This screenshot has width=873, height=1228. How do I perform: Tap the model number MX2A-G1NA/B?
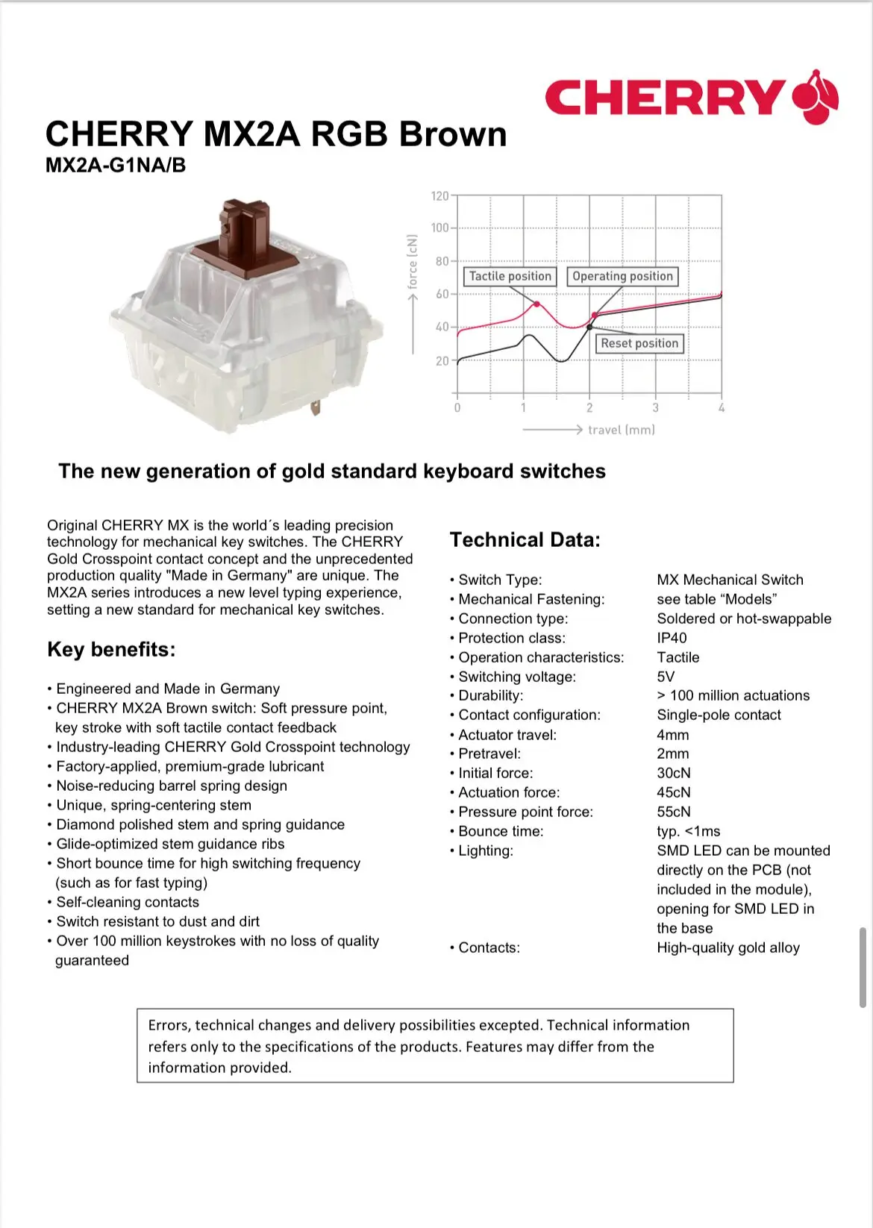coord(116,165)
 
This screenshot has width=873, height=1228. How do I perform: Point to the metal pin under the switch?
coord(316,407)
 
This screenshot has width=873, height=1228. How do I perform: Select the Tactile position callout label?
coord(510,276)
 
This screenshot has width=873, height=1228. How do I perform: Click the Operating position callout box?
coord(622,276)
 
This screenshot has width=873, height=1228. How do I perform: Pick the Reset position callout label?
coord(639,343)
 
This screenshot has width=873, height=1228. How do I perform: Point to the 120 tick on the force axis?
coord(440,196)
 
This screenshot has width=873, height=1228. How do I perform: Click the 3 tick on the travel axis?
coord(655,407)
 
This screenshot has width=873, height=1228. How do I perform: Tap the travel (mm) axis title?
coord(621,430)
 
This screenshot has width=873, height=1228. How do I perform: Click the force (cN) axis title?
coord(413,262)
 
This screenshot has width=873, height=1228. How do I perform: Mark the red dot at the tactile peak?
coord(536,304)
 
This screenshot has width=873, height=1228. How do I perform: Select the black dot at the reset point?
coord(589,327)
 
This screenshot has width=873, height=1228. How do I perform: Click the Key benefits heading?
coord(111,649)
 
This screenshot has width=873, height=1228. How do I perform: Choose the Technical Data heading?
coord(525,539)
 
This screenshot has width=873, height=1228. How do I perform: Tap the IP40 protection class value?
coord(672,638)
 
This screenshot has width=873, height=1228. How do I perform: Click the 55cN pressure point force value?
coord(674,812)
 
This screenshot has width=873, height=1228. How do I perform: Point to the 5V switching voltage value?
coord(666,677)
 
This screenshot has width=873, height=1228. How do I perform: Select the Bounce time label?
coord(501,831)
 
